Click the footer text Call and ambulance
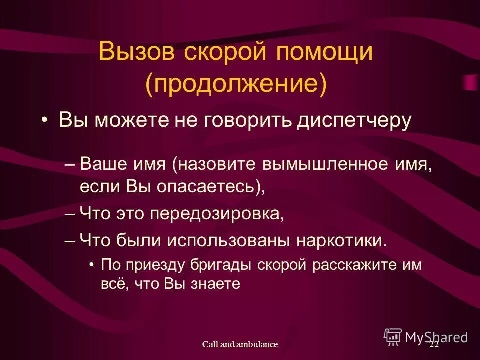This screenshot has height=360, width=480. [240, 344]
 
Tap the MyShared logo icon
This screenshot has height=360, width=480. [393, 337]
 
